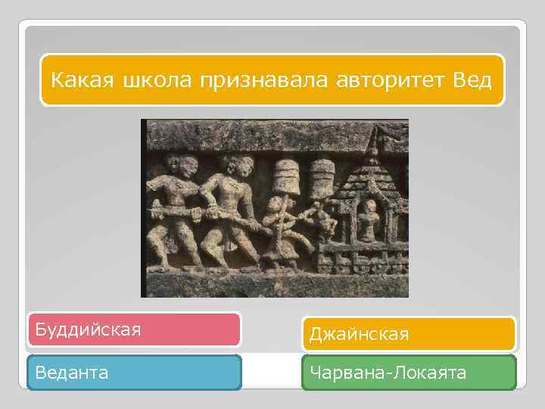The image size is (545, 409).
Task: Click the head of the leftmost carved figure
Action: click(x=175, y=164)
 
